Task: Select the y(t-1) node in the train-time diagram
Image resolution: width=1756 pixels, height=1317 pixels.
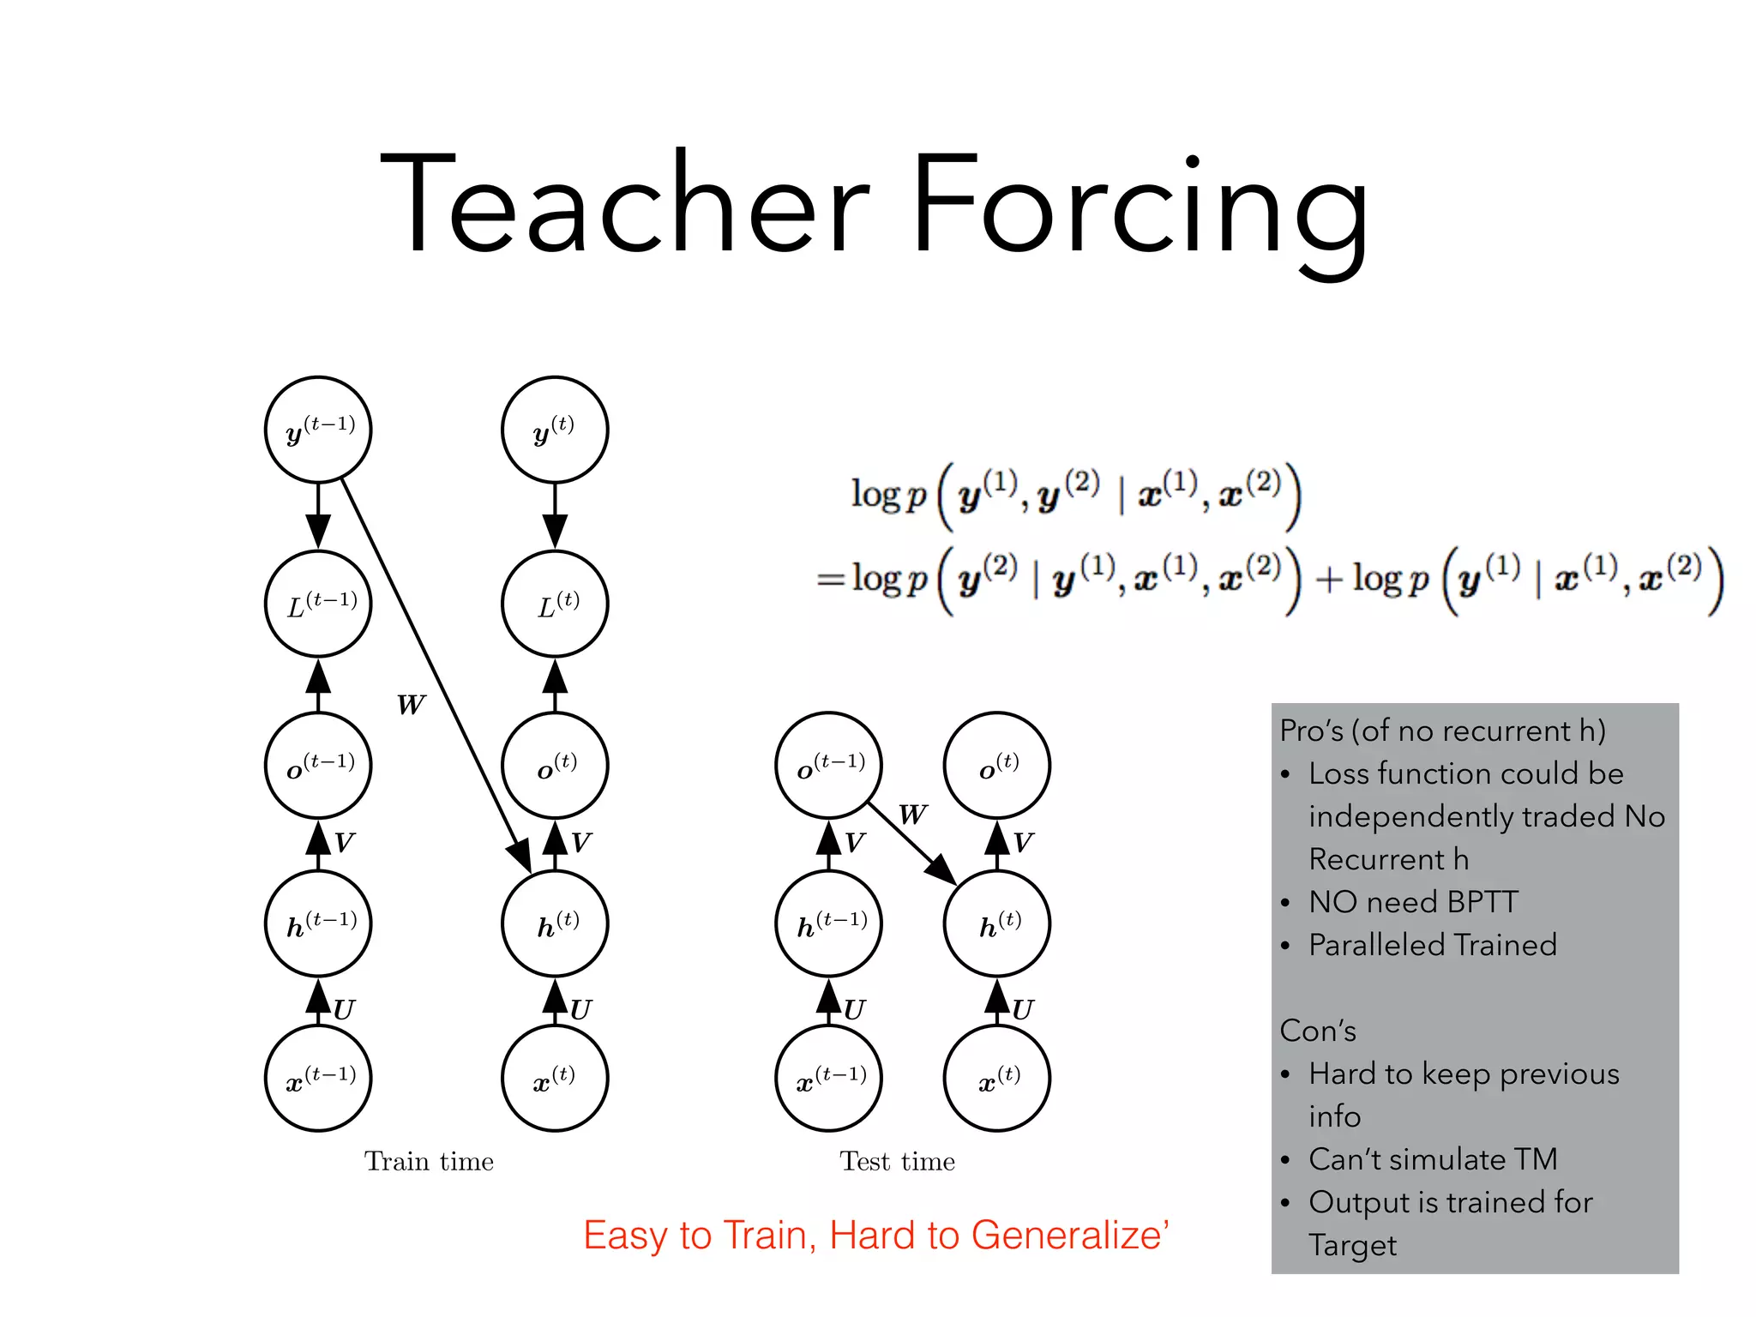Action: (318, 430)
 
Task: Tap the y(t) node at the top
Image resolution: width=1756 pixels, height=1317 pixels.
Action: (555, 430)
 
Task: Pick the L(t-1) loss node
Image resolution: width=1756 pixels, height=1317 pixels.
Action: (318, 604)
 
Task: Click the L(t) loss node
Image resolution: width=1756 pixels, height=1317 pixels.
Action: (555, 604)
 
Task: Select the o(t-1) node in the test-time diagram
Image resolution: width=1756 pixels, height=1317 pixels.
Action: (828, 765)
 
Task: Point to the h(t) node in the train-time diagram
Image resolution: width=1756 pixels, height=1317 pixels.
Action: (555, 924)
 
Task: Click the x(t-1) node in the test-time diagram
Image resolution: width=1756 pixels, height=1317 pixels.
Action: (828, 1079)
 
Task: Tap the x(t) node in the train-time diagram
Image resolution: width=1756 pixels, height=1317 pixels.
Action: (555, 1079)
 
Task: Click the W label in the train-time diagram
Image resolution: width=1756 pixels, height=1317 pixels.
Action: (410, 705)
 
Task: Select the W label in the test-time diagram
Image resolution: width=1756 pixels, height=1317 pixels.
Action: (912, 814)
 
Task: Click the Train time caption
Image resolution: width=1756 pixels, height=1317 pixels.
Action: (429, 1162)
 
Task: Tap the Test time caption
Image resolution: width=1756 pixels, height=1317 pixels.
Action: (897, 1162)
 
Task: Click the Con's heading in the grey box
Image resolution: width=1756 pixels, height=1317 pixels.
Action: (1318, 1031)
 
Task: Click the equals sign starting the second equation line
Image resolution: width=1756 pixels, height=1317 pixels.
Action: (830, 580)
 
